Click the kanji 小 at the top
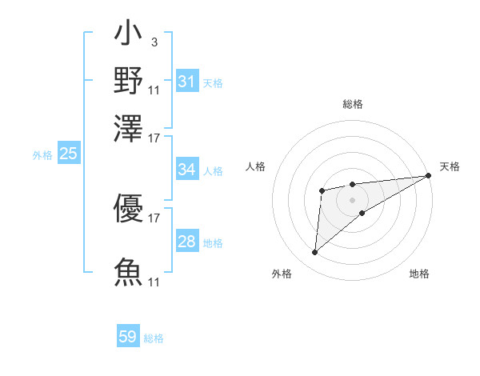[128, 36]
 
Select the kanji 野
[128, 81]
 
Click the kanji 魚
[128, 271]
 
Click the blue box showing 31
[187, 82]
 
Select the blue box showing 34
[187, 170]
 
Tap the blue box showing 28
[187, 242]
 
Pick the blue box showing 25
[68, 154]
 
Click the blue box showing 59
[128, 337]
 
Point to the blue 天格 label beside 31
[213, 82]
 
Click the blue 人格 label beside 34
[213, 170]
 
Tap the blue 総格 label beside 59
[154, 338]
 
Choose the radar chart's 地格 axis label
[419, 274]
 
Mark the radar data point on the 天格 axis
[428, 176]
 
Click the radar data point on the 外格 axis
[314, 253]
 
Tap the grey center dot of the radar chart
[352, 199]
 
